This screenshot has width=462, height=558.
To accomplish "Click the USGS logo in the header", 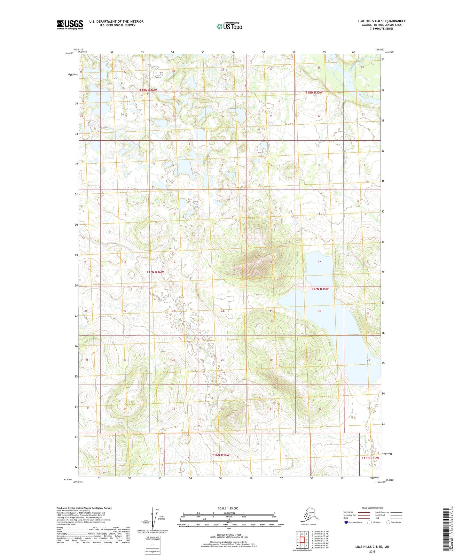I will click(x=70, y=25).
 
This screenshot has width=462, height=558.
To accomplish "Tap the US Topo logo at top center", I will click(x=229, y=26).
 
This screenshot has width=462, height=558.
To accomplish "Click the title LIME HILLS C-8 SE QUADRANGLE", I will click(x=381, y=21).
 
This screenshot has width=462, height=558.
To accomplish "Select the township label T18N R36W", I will click(x=148, y=90).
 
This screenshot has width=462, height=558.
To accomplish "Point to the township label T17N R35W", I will click(x=320, y=289).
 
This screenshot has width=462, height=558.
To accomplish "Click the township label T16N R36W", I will click(x=221, y=455).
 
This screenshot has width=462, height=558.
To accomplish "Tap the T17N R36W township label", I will click(x=155, y=272).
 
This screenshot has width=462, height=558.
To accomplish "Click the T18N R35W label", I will click(x=314, y=92).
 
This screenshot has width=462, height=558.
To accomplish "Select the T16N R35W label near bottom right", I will click(x=370, y=458).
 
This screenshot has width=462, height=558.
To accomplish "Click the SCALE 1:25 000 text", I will click(x=228, y=508).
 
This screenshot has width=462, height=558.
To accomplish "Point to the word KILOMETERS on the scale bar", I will click(x=228, y=513).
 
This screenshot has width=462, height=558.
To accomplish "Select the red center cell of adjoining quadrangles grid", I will click(x=302, y=540).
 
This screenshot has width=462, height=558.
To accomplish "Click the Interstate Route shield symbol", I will click(x=346, y=522).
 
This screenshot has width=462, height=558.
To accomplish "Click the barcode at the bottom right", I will click(x=446, y=530).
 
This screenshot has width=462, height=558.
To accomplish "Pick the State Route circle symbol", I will click(x=388, y=522).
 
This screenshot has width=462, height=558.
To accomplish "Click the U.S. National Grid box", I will click(x=152, y=546).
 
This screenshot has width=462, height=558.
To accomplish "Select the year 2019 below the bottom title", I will click(x=372, y=552).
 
